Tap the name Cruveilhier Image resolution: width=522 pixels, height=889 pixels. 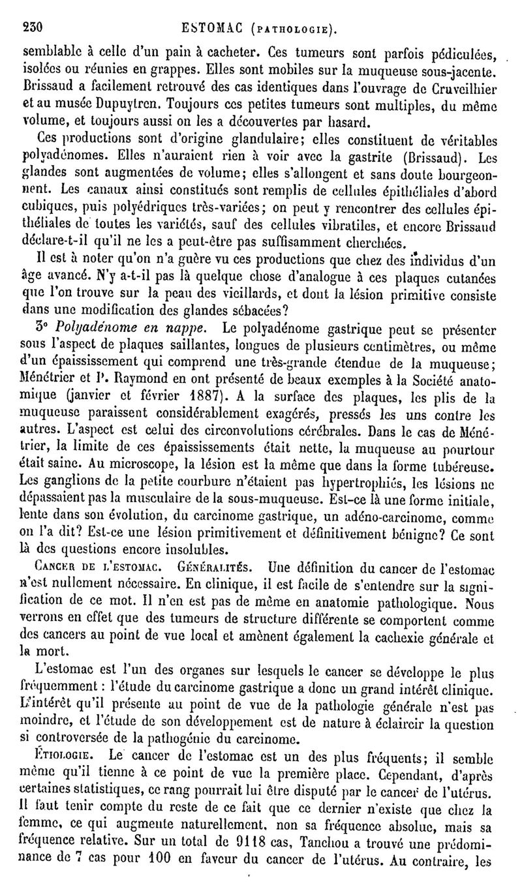click(x=468, y=86)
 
